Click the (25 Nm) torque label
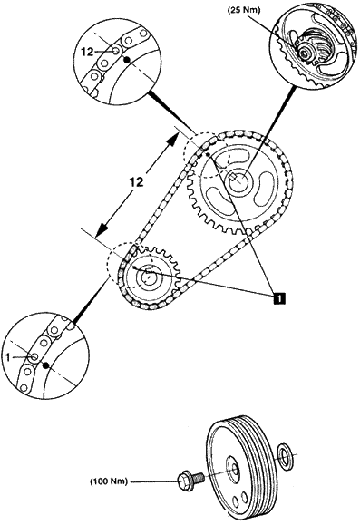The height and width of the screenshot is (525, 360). tap(243, 10)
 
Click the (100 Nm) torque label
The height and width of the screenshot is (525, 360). tap(109, 481)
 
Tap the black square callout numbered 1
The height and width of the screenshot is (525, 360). tap(279, 297)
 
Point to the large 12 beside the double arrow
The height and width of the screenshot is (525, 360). tap(137, 182)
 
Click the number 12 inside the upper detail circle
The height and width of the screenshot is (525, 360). tap(87, 53)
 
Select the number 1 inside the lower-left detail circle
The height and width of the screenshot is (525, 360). tap(7, 357)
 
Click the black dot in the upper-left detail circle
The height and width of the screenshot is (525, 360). tap(127, 60)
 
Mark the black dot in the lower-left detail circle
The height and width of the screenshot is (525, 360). tap(46, 365)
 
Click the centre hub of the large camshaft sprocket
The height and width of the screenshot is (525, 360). tap(238, 179)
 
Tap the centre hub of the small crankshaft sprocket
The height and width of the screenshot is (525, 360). tap(147, 276)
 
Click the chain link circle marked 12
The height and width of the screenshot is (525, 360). tap(115, 52)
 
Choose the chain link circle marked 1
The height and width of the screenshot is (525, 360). tap(34, 357)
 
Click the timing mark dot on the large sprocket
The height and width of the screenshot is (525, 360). tap(208, 155)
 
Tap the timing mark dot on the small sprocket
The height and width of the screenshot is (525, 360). tap(133, 268)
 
